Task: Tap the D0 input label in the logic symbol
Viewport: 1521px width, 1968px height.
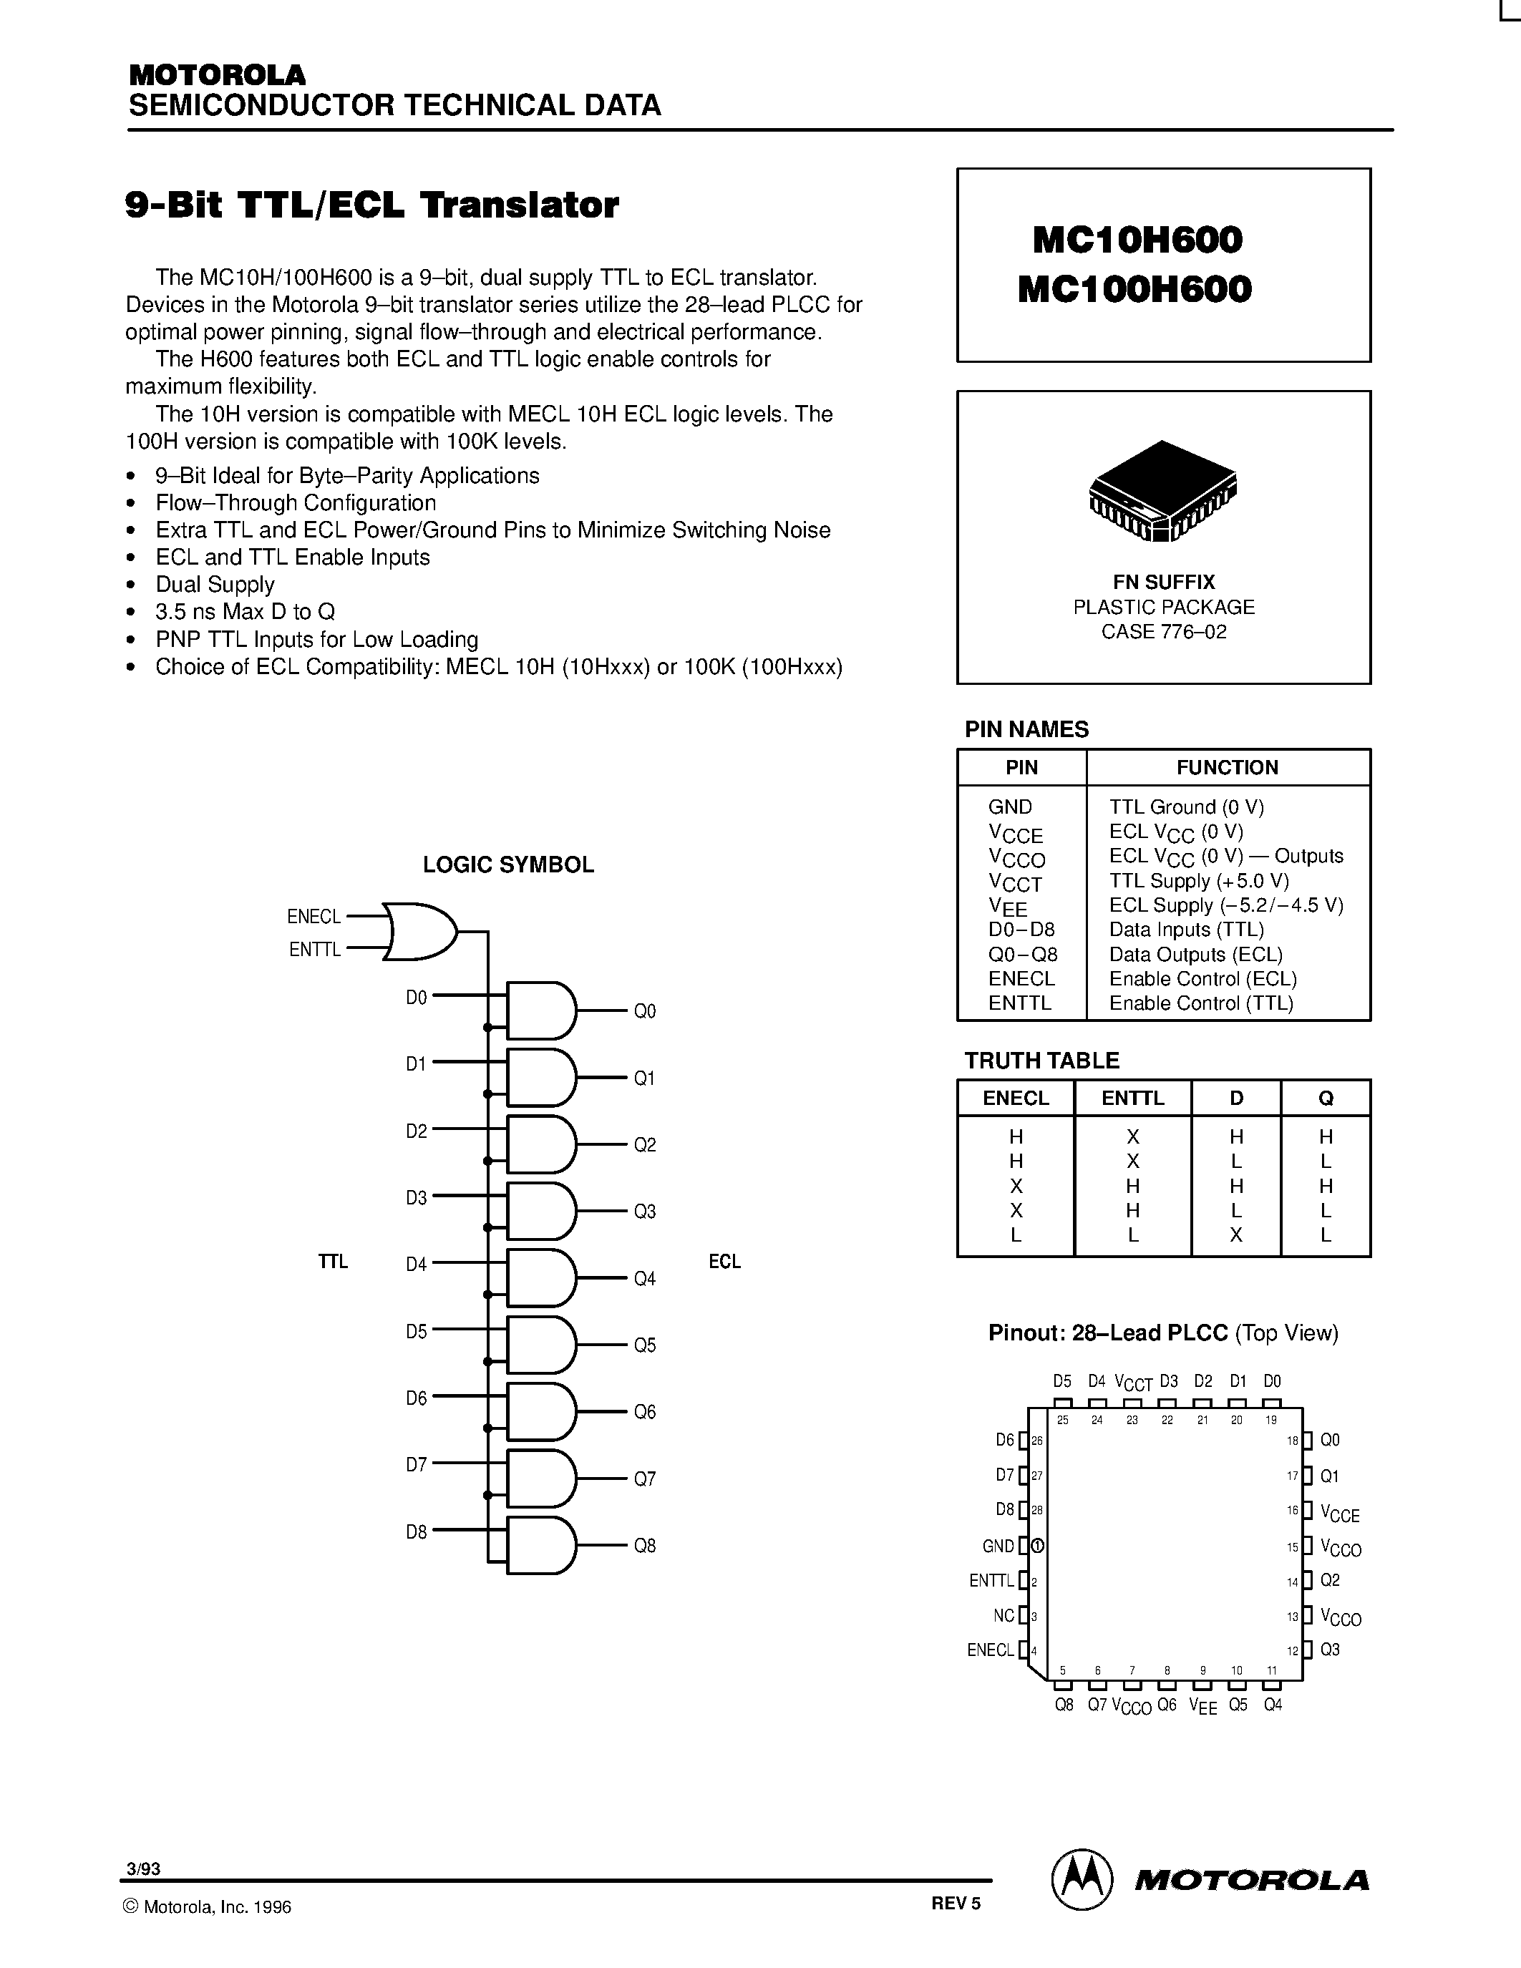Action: point(417,998)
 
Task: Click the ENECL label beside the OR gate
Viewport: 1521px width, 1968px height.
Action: point(314,917)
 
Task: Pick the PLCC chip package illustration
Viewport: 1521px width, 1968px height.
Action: point(1162,491)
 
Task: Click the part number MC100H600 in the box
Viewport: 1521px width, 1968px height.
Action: point(1134,289)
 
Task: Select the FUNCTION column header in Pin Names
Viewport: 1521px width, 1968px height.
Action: point(1228,768)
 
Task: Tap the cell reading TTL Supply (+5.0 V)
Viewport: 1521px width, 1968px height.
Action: point(1198,880)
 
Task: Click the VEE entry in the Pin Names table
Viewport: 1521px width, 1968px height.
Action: point(1007,907)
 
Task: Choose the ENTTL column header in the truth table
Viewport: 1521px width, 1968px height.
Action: point(1132,1099)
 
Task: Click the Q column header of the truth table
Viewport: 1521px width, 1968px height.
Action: point(1326,1099)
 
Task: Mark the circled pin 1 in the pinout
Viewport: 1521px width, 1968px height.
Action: point(1037,1546)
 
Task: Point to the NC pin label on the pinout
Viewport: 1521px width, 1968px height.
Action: point(1004,1616)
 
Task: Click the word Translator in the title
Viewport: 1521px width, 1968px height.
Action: point(521,205)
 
